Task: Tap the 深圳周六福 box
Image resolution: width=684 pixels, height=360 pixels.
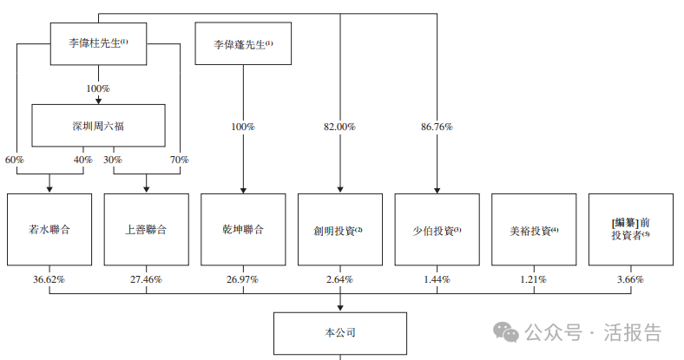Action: pyautogui.click(x=98, y=126)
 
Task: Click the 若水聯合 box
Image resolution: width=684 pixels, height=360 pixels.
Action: pyautogui.click(x=49, y=230)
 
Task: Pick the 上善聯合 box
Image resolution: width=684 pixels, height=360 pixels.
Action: pyautogui.click(x=146, y=230)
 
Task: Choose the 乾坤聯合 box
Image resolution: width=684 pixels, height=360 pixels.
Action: pyautogui.click(x=242, y=230)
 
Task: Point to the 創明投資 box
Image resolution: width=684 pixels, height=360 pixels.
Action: pyautogui.click(x=339, y=230)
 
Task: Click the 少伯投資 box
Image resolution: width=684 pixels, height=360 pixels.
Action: pyautogui.click(x=437, y=230)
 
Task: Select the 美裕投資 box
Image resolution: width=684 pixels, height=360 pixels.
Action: pyautogui.click(x=534, y=230)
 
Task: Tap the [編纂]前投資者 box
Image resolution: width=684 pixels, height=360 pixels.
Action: pyautogui.click(x=630, y=230)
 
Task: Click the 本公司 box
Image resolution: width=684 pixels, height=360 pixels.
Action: pyautogui.click(x=339, y=332)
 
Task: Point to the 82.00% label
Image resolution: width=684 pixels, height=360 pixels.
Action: pyautogui.click(x=339, y=127)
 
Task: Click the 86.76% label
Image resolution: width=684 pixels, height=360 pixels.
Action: pyautogui.click(x=437, y=127)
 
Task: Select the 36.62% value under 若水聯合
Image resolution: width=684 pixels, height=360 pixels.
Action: pyautogui.click(x=49, y=280)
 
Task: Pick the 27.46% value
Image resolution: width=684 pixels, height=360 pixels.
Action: pyautogui.click(x=146, y=280)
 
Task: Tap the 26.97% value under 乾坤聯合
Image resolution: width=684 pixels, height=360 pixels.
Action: pyautogui.click(x=242, y=280)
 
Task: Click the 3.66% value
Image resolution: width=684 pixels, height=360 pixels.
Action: pyautogui.click(x=630, y=280)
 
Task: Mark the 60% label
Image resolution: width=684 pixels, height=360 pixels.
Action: pyautogui.click(x=16, y=160)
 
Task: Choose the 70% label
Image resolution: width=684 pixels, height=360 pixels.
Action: pyautogui.click(x=179, y=160)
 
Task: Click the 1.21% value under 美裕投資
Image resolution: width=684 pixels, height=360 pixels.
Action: pyautogui.click(x=534, y=280)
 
